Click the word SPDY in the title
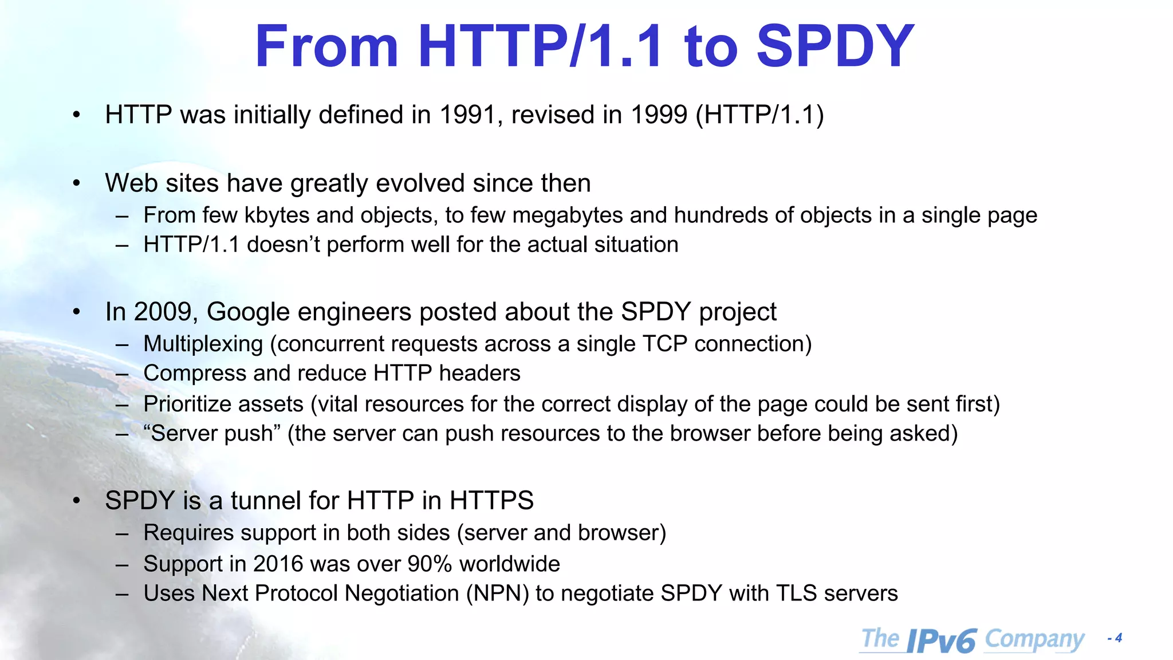(x=835, y=47)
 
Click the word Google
(x=248, y=312)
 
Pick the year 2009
(x=166, y=312)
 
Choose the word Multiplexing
(x=203, y=344)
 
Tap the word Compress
(x=195, y=374)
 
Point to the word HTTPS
(x=491, y=501)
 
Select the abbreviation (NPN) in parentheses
(x=497, y=594)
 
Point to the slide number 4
(x=1119, y=638)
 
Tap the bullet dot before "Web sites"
(x=77, y=184)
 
